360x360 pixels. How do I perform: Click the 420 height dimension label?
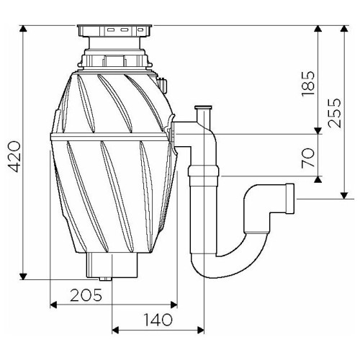pyautogui.click(x=14, y=156)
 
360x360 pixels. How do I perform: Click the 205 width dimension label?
pyautogui.click(x=86, y=295)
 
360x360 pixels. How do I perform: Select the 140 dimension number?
pyautogui.click(x=158, y=320)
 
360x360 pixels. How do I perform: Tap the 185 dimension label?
pyautogui.click(x=308, y=84)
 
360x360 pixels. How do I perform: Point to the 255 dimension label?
pyautogui.click(x=335, y=113)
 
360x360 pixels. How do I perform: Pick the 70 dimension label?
pyautogui.click(x=308, y=158)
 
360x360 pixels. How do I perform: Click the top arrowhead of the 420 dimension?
pyautogui.click(x=23, y=29)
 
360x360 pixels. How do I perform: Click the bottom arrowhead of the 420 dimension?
pyautogui.click(x=23, y=276)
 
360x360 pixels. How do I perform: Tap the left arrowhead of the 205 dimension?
pyautogui.click(x=53, y=305)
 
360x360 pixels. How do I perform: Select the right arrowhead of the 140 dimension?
pyautogui.click(x=201, y=330)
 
